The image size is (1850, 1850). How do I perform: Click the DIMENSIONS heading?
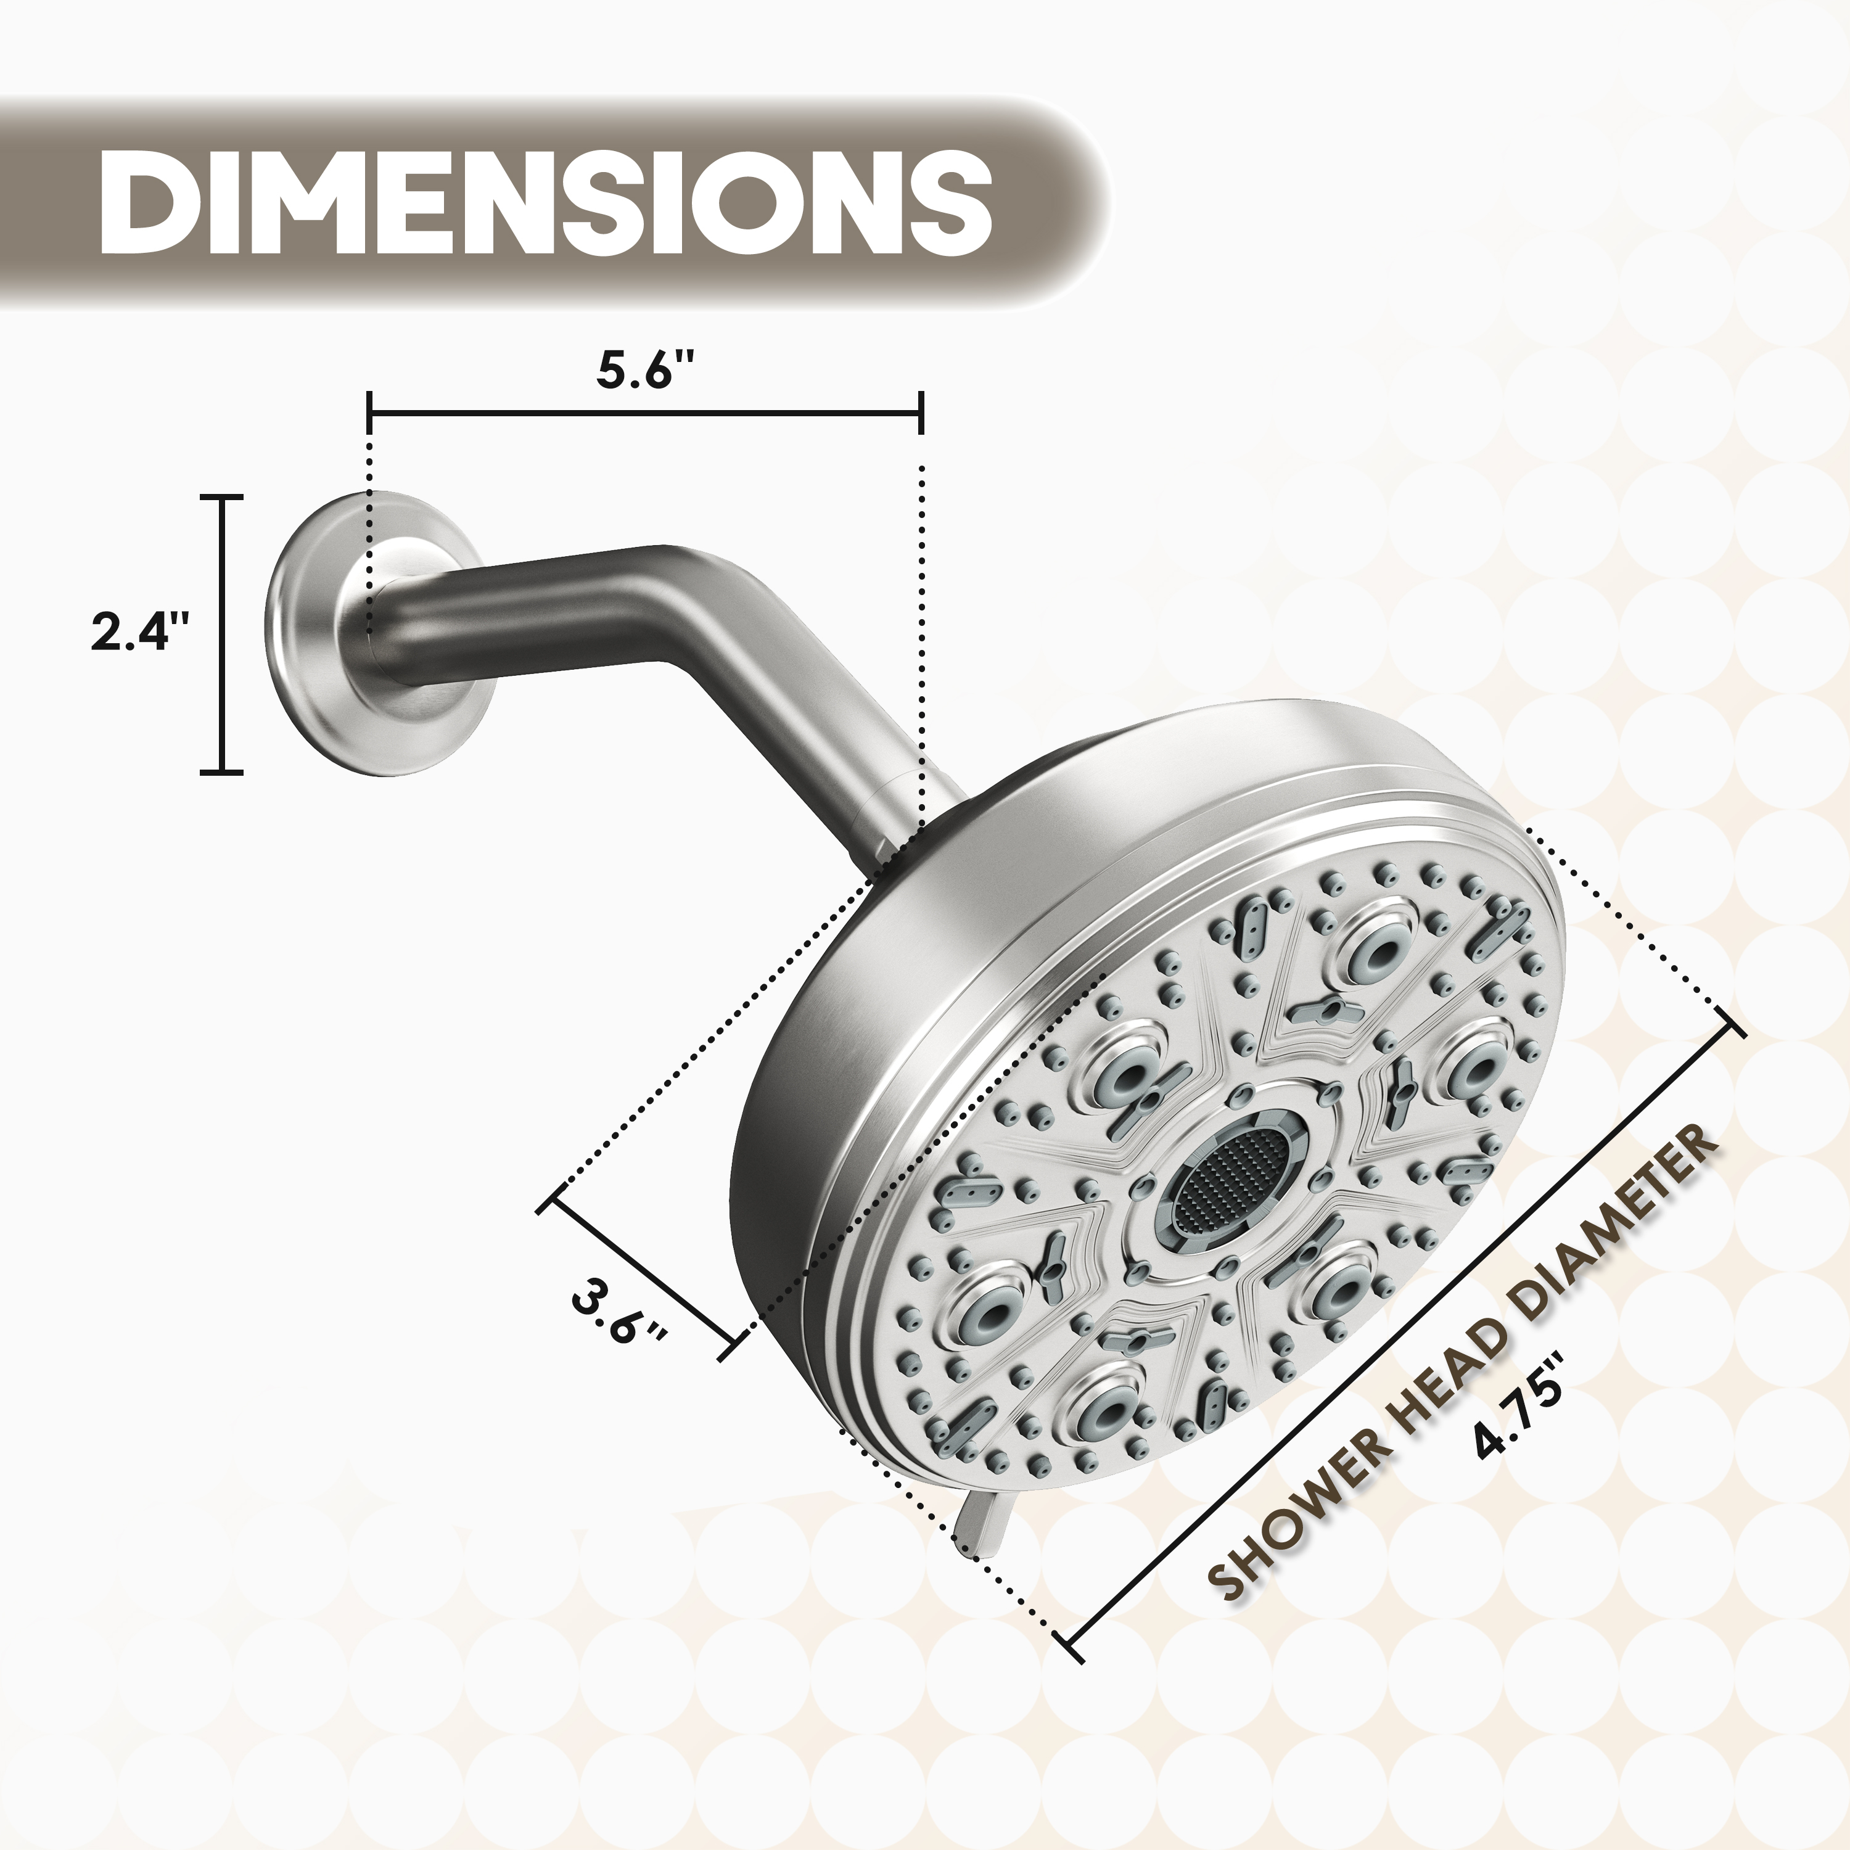[x=544, y=202]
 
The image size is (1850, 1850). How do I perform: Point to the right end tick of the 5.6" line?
[x=920, y=414]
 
